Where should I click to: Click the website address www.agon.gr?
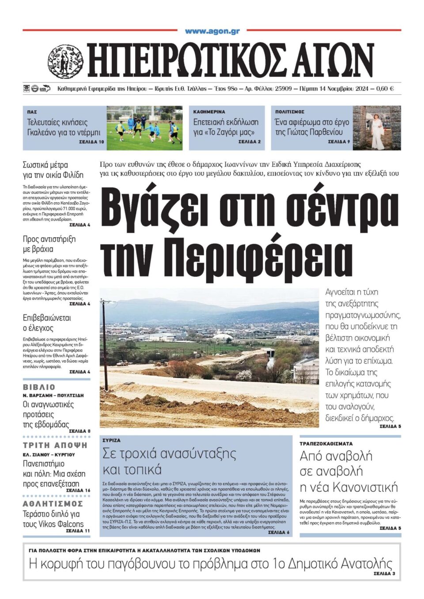[x=212, y=31]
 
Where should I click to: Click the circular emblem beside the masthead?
[x=65, y=61]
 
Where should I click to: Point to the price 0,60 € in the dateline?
[x=385, y=89]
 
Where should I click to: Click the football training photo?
[x=144, y=128]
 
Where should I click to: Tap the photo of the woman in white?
[x=377, y=128]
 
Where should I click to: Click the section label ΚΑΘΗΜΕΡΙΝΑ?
[x=209, y=112]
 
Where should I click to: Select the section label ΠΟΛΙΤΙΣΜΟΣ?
[x=290, y=112]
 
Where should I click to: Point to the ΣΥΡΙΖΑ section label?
[x=111, y=441]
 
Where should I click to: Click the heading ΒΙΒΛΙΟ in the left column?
[x=39, y=387]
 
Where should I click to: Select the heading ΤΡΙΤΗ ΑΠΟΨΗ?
[x=55, y=445]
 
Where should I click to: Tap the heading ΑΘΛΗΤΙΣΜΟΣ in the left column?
[x=53, y=504]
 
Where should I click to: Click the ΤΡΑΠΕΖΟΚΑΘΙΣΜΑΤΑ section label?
[x=326, y=443]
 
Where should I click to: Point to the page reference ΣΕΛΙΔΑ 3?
[x=384, y=574]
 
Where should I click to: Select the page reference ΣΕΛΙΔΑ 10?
[x=92, y=142]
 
